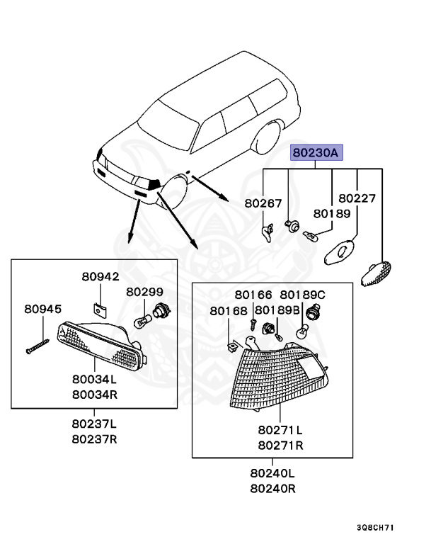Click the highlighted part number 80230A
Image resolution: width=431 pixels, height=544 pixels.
316,153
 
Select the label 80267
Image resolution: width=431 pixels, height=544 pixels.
263,203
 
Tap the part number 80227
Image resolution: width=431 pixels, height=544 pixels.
357,198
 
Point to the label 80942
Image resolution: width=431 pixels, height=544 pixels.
100,276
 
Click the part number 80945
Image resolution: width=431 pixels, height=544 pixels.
42,309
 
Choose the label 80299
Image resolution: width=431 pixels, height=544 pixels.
144,292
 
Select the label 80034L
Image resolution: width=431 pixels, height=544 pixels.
94,379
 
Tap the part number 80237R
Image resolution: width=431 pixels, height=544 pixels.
94,439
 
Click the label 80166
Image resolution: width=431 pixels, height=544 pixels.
253,295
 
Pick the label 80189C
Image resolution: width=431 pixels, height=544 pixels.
302,295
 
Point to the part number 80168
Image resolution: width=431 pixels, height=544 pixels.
229,311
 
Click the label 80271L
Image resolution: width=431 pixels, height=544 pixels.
280,430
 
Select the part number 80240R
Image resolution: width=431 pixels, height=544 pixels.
273,489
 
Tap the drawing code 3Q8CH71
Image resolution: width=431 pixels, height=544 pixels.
376,528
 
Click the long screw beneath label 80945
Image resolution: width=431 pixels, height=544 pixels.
38,346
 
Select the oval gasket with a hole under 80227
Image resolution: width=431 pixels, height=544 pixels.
340,252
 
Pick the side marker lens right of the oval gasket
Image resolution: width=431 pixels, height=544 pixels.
376,274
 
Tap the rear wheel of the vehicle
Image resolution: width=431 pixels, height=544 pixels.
267,139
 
